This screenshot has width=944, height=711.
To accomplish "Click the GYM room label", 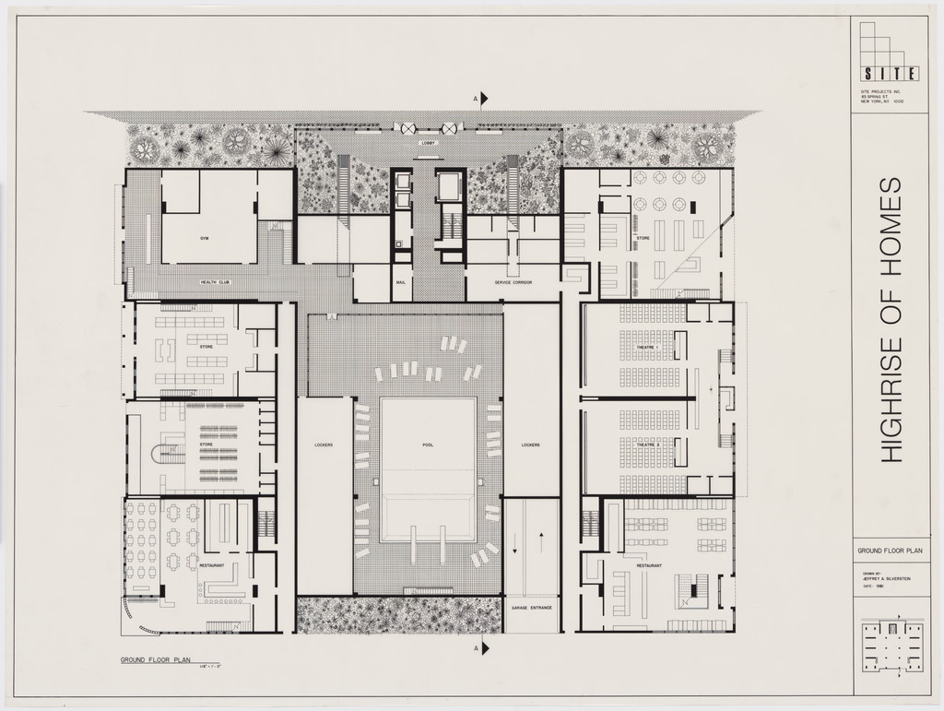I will [x=205, y=238].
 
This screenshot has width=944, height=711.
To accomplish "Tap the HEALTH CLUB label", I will [x=215, y=281].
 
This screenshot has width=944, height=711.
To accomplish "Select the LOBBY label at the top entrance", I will [x=428, y=143].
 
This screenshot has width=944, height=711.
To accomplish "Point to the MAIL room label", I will [x=401, y=282].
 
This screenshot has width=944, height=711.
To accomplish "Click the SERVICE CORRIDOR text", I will [x=514, y=282].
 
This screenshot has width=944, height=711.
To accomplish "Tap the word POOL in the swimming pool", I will [x=428, y=444].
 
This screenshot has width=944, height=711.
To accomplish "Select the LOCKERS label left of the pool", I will [x=324, y=444].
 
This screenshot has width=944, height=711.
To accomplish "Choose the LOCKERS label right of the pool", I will [x=530, y=444].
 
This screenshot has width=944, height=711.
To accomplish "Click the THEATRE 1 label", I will [x=650, y=347].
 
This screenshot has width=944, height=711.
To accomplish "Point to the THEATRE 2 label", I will [x=650, y=444].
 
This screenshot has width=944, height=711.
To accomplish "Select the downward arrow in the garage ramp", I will [x=515, y=549].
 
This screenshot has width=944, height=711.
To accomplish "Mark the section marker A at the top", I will [x=480, y=98].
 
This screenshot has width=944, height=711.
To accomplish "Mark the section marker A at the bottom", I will [x=480, y=649].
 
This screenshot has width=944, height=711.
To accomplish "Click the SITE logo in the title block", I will [x=889, y=74].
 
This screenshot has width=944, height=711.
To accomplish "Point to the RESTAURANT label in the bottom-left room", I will [x=212, y=565].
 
